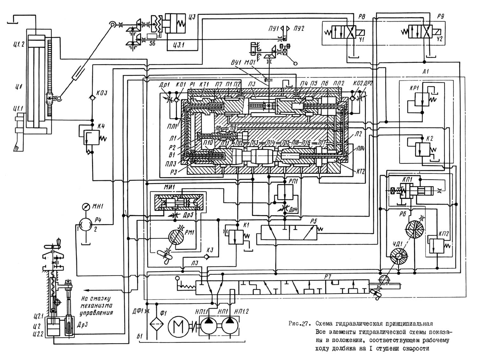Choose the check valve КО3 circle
pyautogui.click(x=92, y=98)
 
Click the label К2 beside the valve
pyautogui.click(x=430, y=138)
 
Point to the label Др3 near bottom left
pyautogui.click(x=82, y=325)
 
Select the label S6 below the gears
pyautogui.click(x=152, y=43)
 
